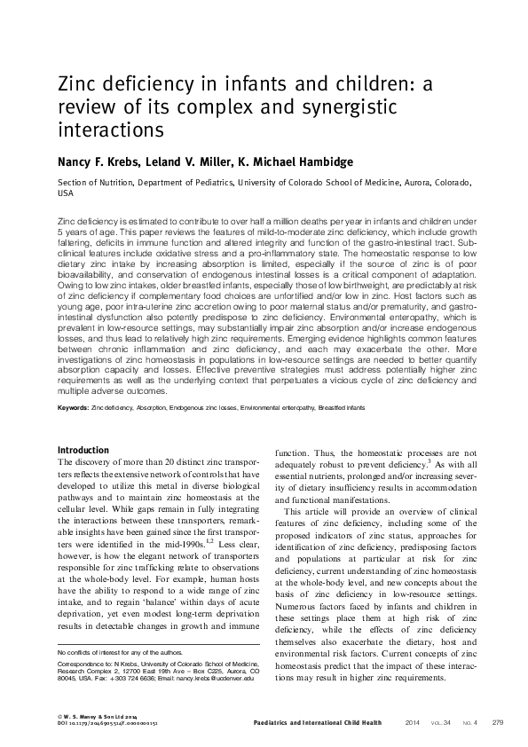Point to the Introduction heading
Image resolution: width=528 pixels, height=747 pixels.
83,450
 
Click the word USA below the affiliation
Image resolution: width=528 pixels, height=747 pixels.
65,193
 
